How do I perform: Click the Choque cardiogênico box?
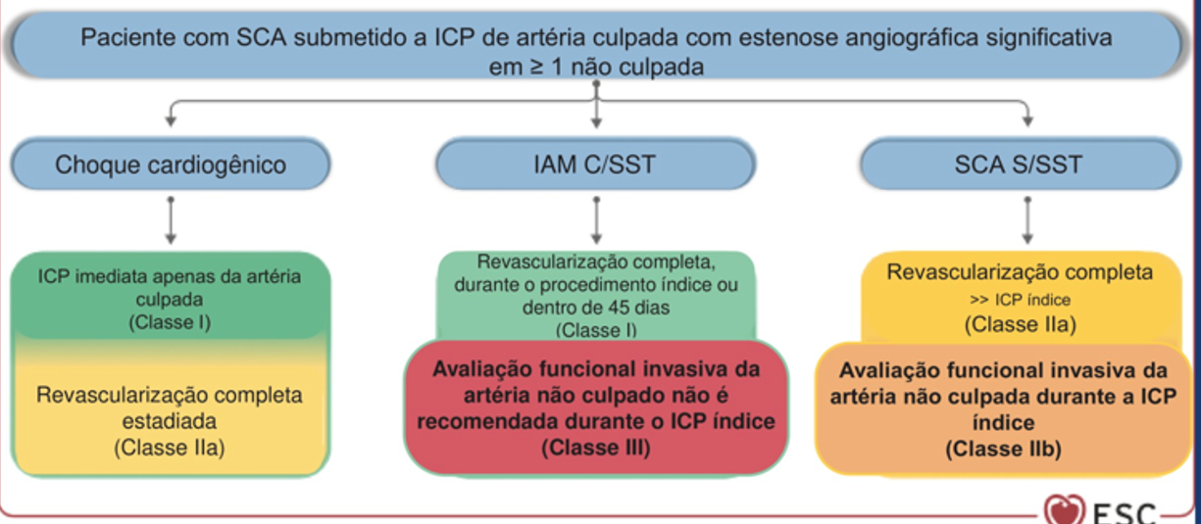[171, 164]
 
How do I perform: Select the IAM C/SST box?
[597, 164]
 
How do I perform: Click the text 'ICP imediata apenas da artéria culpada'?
[171, 287]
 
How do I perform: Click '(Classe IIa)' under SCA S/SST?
[1020, 325]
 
